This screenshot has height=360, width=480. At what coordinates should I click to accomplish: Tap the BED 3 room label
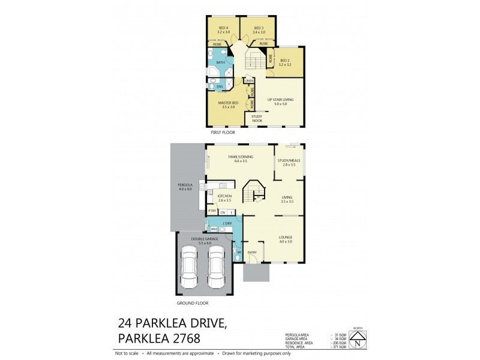(x=259, y=28)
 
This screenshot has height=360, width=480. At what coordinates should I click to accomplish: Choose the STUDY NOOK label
(x=257, y=118)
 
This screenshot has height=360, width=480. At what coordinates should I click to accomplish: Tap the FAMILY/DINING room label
(x=240, y=158)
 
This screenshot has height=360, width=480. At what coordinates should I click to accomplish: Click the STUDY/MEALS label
(x=288, y=161)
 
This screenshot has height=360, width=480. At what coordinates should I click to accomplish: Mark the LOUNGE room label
(x=285, y=238)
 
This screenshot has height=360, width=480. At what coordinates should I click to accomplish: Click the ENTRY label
(x=252, y=253)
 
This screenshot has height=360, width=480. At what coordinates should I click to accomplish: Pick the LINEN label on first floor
(x=250, y=80)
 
